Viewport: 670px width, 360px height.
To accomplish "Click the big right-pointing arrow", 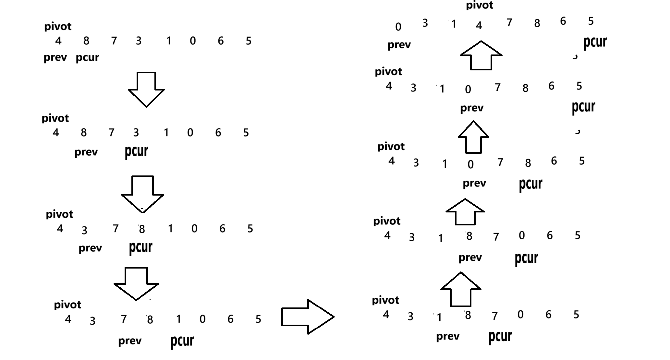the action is pos(308,317).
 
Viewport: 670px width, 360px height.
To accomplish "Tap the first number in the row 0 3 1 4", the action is pos(398,27).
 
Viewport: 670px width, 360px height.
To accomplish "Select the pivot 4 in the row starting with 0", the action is pos(479,26).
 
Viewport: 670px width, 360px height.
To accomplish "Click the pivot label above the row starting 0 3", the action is pos(480,6).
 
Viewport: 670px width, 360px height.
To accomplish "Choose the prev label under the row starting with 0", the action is pos(399,45).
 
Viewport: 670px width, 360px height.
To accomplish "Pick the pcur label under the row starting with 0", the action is pos(595,42).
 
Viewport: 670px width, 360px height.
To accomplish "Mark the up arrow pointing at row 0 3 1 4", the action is pos(481,55).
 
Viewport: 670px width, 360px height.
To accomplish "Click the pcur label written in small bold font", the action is pos(87,58).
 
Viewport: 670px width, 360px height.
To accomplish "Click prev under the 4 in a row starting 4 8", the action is pos(55,57).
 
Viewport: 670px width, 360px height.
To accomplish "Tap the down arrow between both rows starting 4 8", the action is pos(146,89).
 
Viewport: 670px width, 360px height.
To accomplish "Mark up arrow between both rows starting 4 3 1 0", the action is pos(473,137).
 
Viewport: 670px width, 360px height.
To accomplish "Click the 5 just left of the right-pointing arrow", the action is pos(258,319).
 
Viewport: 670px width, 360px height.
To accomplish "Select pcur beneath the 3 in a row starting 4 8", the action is pos(136,151).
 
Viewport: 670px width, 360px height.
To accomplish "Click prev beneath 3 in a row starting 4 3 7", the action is pos(90,248).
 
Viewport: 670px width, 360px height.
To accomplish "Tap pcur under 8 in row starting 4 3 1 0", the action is pos(530,184).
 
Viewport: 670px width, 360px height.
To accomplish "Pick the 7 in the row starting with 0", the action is pos(509,23).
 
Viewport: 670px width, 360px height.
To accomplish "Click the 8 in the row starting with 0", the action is pos(537,23).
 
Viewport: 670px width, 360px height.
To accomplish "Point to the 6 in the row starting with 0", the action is pos(563,21).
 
